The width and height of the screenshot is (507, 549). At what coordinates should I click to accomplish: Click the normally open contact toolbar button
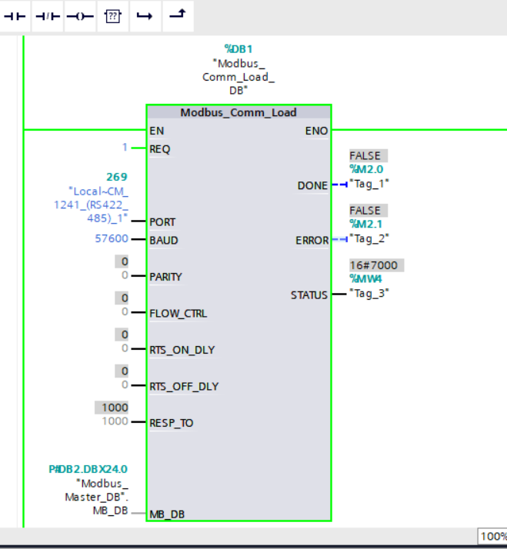pyautogui.click(x=15, y=16)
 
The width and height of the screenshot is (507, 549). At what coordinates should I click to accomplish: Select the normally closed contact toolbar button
pyautogui.click(x=47, y=16)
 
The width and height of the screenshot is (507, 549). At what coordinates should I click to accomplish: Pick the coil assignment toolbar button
pyautogui.click(x=80, y=16)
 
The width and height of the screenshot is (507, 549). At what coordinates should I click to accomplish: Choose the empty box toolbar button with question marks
pyautogui.click(x=112, y=16)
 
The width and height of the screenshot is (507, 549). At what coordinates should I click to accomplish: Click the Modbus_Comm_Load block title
pyautogui.click(x=238, y=112)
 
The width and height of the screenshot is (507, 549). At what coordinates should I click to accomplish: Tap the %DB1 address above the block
pyautogui.click(x=238, y=48)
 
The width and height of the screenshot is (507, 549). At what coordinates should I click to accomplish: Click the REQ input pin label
pyautogui.click(x=160, y=149)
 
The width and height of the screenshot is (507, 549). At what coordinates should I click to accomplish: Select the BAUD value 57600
pyautogui.click(x=112, y=238)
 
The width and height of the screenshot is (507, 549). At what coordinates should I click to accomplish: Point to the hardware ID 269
pyautogui.click(x=117, y=177)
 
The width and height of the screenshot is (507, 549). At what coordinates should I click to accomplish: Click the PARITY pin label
pyautogui.click(x=165, y=277)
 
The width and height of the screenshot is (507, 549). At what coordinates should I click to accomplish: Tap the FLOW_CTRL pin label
pyautogui.click(x=178, y=314)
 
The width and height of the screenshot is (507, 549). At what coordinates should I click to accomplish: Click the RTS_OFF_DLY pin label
pyautogui.click(x=184, y=387)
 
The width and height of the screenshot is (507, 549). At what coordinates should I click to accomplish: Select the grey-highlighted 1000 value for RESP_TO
pyautogui.click(x=112, y=408)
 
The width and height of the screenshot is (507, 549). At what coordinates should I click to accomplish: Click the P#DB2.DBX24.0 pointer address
pyautogui.click(x=88, y=469)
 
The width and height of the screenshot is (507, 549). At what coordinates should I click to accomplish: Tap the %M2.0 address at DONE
pyautogui.click(x=366, y=169)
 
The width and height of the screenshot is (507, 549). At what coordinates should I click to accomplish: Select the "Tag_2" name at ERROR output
pyautogui.click(x=369, y=238)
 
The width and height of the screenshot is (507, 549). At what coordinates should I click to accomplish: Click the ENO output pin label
pyautogui.click(x=316, y=131)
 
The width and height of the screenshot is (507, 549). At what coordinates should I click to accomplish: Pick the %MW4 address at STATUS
pyautogui.click(x=365, y=279)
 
